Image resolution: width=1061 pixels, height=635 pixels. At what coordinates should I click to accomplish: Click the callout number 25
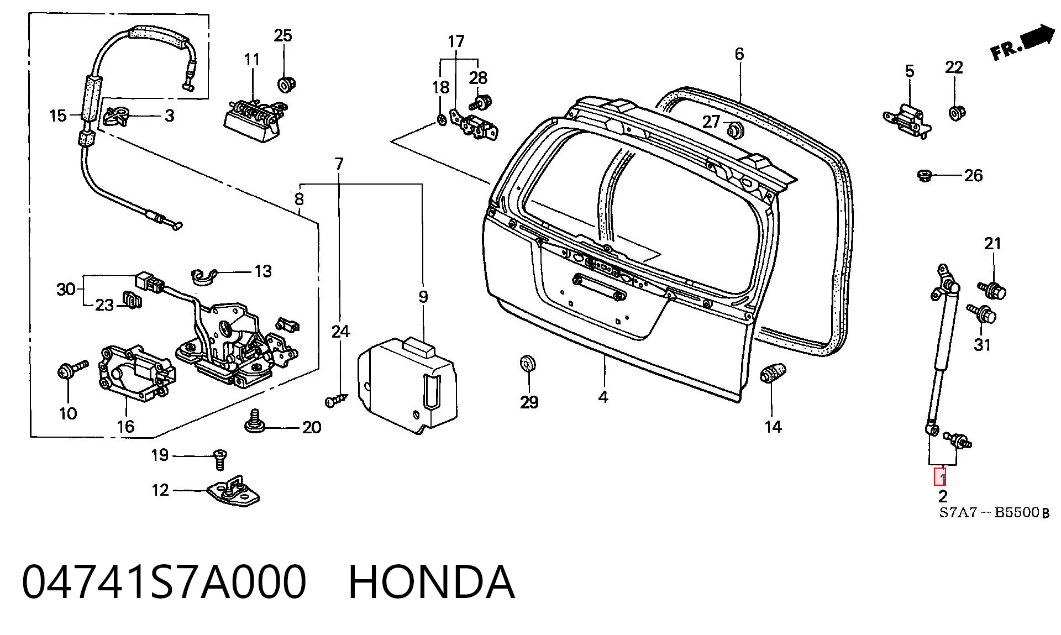click(x=283, y=36)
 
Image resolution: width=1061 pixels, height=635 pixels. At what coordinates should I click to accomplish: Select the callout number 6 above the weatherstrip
click(x=739, y=54)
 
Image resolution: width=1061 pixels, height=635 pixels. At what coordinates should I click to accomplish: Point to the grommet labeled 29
click(x=529, y=364)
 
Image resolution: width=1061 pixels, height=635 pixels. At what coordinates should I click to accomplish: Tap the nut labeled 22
click(x=957, y=113)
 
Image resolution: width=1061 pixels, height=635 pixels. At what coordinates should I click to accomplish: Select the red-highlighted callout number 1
click(x=940, y=477)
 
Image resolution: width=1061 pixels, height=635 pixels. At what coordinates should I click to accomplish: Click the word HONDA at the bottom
click(x=432, y=581)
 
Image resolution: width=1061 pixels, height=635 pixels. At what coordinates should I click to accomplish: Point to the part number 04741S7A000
click(x=164, y=581)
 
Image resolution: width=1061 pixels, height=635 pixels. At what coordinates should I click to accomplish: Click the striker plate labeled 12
click(x=233, y=491)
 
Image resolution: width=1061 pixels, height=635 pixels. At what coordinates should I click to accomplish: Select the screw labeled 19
click(x=219, y=458)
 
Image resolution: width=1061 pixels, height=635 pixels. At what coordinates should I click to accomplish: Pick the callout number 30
click(x=66, y=288)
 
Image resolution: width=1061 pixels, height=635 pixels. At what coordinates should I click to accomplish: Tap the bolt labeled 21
click(x=993, y=290)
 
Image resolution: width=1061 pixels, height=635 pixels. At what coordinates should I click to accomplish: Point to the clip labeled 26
click(x=925, y=176)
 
